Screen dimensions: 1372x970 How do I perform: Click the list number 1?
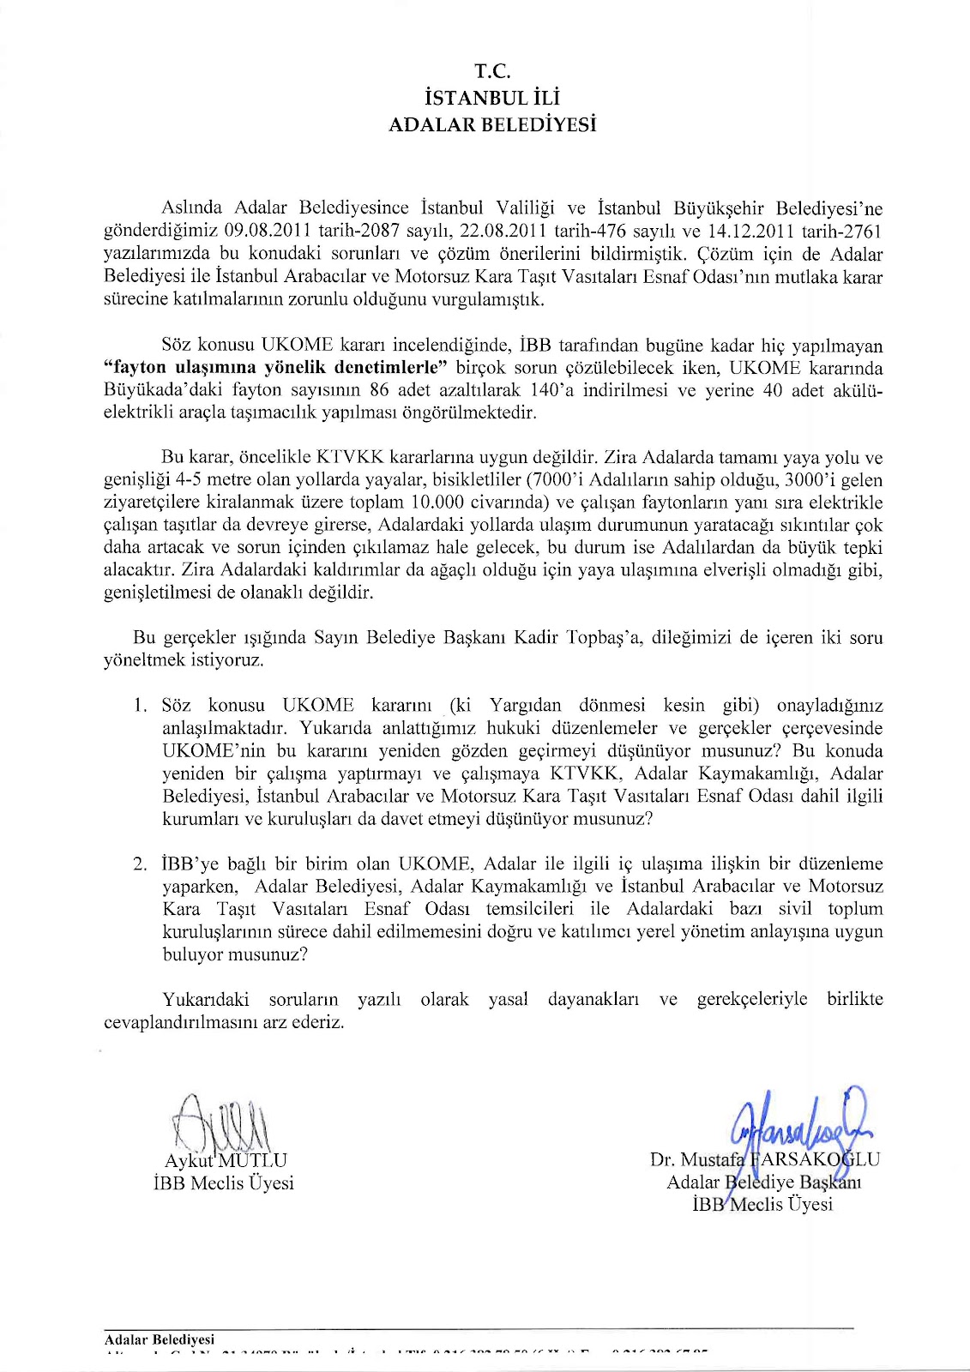coord(139,706)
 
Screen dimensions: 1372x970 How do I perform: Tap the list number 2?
coord(139,864)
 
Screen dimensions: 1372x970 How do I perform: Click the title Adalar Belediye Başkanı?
coord(764,1182)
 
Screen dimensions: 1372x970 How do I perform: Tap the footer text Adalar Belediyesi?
coord(159,1339)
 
